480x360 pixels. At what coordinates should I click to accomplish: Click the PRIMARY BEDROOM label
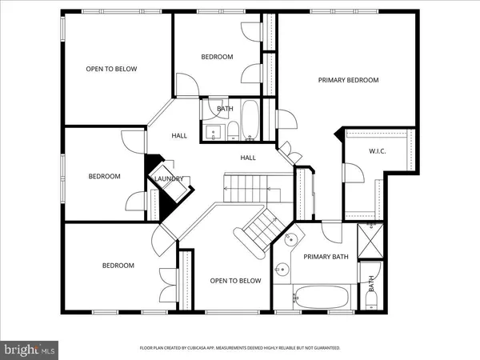click(x=348, y=80)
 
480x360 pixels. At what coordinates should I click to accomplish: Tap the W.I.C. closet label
click(x=377, y=151)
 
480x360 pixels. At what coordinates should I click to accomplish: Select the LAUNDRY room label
click(x=170, y=179)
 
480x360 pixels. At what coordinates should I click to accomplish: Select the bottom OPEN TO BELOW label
click(x=236, y=281)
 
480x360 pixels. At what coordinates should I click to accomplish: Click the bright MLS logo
click(x=30, y=349)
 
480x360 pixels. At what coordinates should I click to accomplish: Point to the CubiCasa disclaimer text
click(x=240, y=348)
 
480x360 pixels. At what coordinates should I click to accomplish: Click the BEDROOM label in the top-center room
click(x=217, y=57)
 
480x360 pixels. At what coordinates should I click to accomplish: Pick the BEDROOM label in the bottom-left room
click(x=118, y=266)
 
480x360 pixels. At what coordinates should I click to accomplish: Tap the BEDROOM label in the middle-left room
click(x=104, y=176)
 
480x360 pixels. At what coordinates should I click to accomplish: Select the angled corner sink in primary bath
click(x=291, y=241)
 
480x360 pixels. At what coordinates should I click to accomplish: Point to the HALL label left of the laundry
click(x=179, y=135)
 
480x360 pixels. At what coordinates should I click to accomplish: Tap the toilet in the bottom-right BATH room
click(x=370, y=299)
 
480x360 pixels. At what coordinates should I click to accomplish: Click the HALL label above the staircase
click(x=248, y=158)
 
